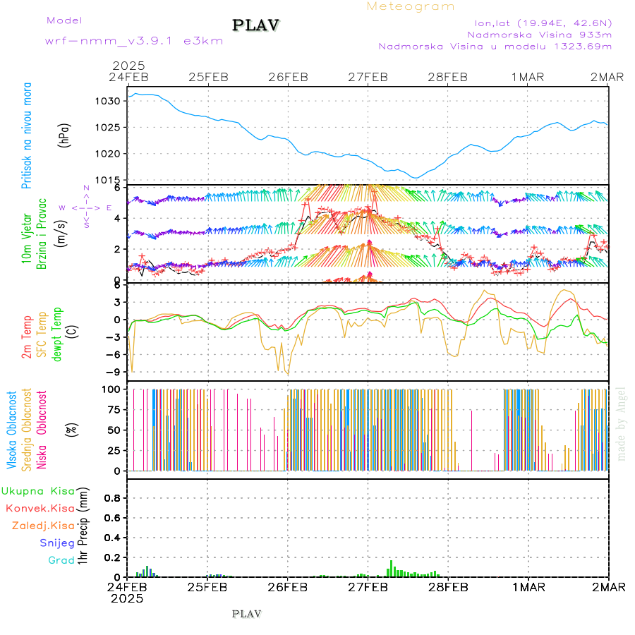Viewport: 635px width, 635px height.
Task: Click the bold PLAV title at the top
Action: tap(256, 25)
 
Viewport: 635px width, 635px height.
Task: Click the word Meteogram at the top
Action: tap(411, 6)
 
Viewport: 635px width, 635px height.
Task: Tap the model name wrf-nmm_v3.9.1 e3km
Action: tap(133, 41)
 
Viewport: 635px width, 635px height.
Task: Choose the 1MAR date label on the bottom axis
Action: tap(528, 586)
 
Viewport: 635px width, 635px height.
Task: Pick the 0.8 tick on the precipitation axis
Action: tap(112, 498)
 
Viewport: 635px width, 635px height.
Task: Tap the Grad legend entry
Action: tap(61, 560)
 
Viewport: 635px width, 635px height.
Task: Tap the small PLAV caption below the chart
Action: tap(247, 614)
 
